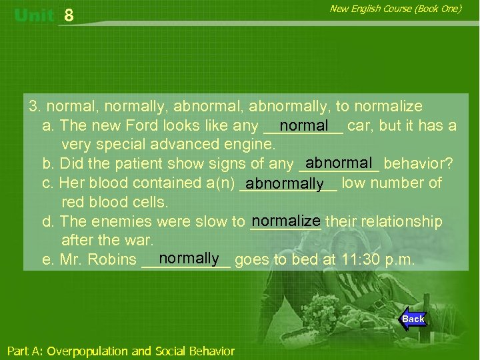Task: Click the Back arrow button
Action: click(413, 319)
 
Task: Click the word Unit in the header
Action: click(33, 16)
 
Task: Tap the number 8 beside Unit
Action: click(69, 16)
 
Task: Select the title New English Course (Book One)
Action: click(395, 9)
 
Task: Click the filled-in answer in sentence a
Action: click(304, 125)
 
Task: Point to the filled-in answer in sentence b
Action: click(339, 163)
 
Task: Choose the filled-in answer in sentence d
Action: click(286, 220)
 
